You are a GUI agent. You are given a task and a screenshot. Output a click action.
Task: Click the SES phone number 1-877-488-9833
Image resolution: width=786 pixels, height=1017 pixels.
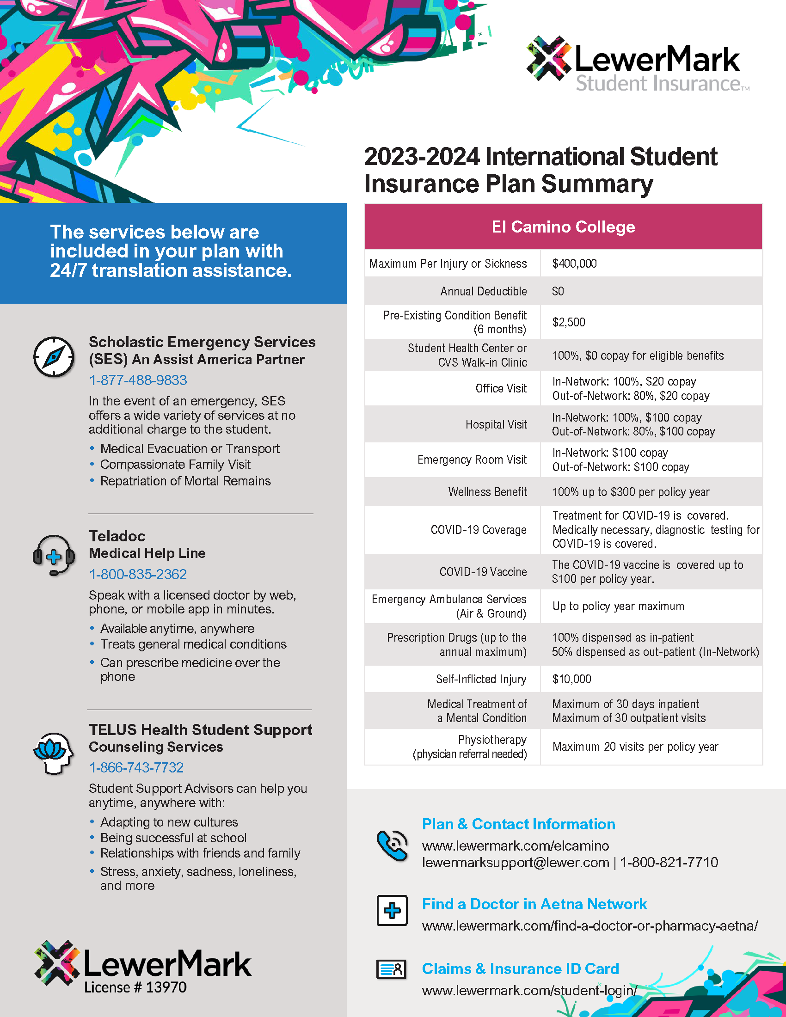(138, 380)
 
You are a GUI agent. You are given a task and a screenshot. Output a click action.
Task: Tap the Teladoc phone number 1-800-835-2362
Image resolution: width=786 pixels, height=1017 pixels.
(138, 574)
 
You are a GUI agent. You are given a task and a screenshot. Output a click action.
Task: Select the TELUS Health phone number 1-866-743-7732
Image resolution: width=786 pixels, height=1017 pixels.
(136, 767)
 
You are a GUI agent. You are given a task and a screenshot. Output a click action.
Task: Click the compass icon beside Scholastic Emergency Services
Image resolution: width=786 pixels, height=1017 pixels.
(54, 357)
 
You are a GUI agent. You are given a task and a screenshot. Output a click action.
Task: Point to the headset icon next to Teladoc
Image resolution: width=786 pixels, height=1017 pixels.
(54, 555)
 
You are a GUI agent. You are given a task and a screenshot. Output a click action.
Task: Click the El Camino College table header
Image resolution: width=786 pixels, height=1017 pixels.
(563, 227)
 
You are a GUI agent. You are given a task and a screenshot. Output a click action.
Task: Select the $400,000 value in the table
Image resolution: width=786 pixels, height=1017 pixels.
(574, 263)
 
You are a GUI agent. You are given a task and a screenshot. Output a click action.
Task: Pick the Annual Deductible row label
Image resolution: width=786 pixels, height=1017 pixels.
(483, 292)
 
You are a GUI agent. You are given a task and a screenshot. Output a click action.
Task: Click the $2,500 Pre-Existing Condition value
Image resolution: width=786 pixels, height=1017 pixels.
(569, 322)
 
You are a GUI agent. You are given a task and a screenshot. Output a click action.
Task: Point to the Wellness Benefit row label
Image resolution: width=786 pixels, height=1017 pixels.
(487, 492)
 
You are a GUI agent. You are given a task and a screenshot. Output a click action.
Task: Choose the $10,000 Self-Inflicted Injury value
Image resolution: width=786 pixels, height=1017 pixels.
(571, 680)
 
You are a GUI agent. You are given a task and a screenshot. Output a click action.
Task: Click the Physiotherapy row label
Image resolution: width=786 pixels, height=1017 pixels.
(492, 740)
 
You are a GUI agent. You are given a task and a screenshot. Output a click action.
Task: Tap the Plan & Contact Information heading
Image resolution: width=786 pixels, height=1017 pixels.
(518, 824)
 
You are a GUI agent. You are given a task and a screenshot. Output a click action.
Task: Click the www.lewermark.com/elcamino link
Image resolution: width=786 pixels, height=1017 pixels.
(516, 845)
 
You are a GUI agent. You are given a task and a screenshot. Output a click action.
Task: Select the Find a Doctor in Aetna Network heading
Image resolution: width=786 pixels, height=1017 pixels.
(534, 904)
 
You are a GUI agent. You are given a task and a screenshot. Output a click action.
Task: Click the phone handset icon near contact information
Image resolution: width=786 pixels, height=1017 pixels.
(392, 845)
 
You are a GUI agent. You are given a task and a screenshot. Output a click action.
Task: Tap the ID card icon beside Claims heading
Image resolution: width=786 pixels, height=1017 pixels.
(391, 969)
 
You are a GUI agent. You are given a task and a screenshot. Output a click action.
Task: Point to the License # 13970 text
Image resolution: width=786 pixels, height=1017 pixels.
(135, 987)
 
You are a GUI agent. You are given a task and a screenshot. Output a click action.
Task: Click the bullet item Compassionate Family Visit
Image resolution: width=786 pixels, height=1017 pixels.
(175, 465)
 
